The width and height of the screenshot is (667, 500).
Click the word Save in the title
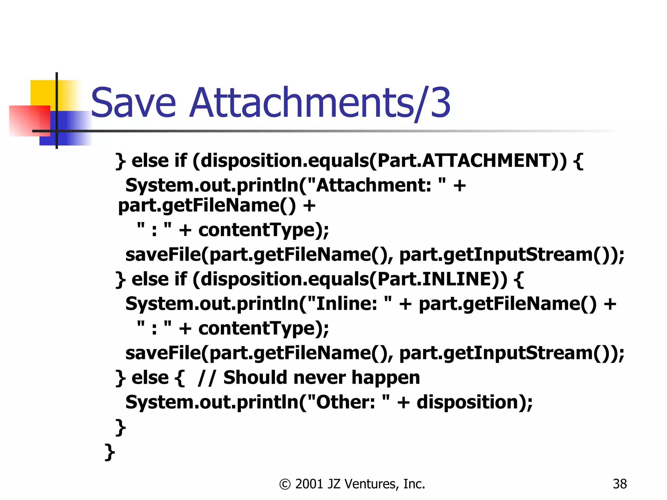tap(134, 103)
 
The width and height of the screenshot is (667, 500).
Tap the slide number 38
tap(619, 484)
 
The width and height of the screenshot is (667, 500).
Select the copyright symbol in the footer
tap(285, 484)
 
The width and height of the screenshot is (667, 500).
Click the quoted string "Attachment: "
tap(376, 186)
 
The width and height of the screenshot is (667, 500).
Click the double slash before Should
tap(206, 378)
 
